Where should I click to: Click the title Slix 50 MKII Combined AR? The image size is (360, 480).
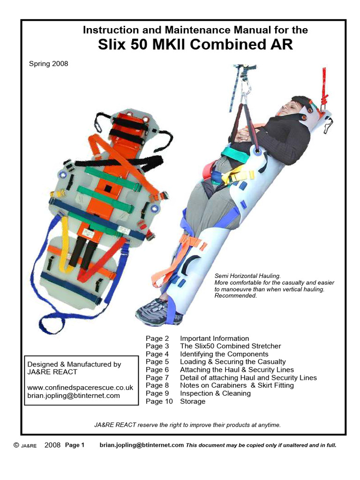(195, 45)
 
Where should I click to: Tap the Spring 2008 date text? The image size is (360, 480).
(48, 64)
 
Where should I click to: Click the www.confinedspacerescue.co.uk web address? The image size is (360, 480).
(80, 388)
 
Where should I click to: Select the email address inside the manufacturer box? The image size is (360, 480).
(74, 396)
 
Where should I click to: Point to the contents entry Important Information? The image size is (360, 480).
(214, 338)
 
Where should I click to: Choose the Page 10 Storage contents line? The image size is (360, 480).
(175, 401)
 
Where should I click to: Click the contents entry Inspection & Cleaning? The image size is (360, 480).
(215, 393)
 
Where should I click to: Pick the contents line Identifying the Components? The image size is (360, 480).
(224, 354)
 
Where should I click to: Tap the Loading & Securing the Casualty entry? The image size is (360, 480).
(232, 362)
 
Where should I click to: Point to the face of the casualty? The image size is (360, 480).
(290, 107)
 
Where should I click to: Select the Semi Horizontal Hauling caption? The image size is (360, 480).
(247, 276)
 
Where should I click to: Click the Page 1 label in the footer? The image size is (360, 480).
(75, 445)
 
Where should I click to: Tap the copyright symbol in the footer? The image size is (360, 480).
(16, 445)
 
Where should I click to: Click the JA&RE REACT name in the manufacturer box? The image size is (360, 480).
(52, 372)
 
